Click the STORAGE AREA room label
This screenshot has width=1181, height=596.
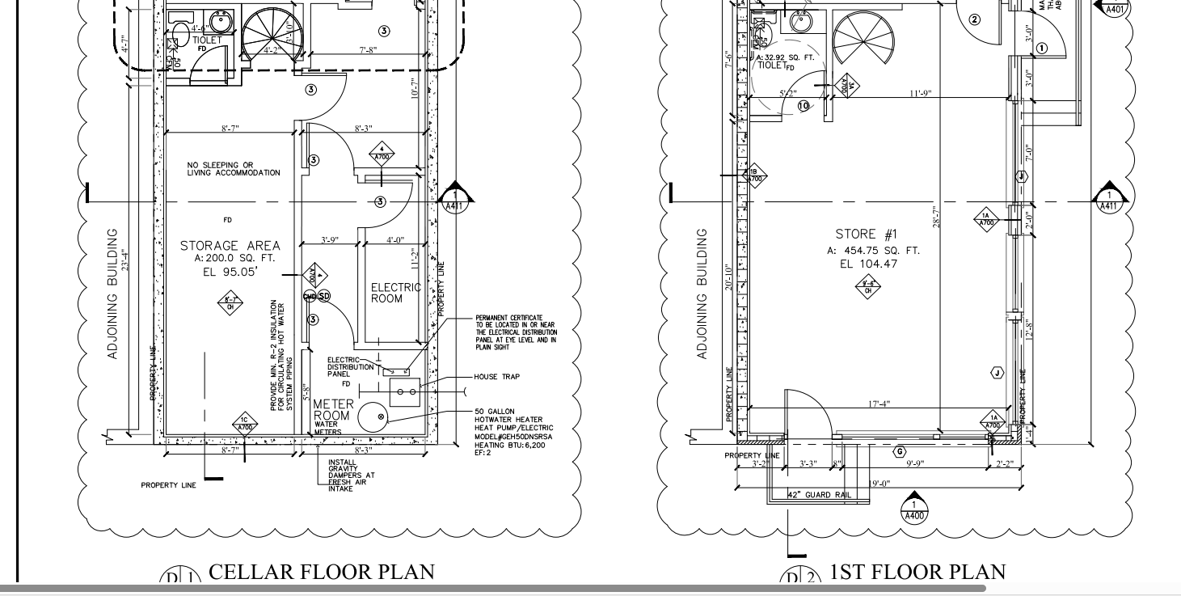[x=230, y=246]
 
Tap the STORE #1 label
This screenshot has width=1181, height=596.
[x=867, y=235]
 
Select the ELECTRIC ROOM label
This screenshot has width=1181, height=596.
[x=395, y=293]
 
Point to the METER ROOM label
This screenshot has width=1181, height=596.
[x=331, y=409]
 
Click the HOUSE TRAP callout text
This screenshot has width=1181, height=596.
[x=497, y=377]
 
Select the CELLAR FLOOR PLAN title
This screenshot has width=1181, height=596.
[x=321, y=572]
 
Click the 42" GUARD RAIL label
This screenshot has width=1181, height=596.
[x=819, y=495]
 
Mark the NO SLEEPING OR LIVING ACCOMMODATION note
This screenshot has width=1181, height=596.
[x=234, y=169]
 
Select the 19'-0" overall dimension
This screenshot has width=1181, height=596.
[x=879, y=484]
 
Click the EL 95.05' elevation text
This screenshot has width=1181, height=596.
[x=230, y=273]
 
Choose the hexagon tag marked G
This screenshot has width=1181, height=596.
[x=899, y=451]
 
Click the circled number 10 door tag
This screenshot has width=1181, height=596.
[x=804, y=106]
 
